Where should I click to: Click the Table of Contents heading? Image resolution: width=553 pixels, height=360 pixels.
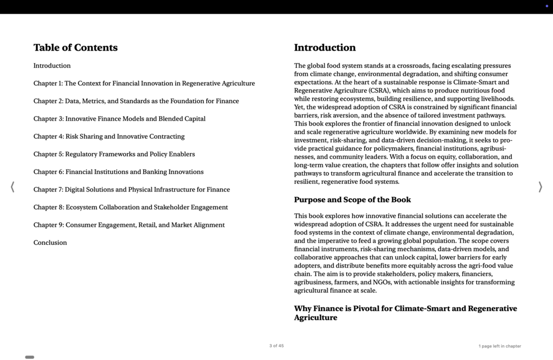[x=75, y=48]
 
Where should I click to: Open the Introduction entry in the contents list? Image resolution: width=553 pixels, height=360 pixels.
[x=52, y=66]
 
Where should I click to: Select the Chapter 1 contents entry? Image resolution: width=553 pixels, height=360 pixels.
[x=144, y=84]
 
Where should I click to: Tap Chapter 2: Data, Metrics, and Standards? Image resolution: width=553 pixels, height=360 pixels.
[x=136, y=101]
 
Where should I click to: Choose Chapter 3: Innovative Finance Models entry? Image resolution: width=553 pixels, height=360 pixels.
[x=119, y=119]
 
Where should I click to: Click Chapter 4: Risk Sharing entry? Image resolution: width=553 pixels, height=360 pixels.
[x=109, y=137]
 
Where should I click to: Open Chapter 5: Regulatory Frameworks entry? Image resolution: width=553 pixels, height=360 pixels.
[x=114, y=154]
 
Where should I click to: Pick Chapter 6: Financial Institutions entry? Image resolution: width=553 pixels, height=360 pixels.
[x=118, y=172]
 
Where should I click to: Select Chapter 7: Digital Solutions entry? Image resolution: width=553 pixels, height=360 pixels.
[x=132, y=190]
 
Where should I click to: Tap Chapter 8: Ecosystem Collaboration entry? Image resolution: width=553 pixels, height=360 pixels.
[x=130, y=208]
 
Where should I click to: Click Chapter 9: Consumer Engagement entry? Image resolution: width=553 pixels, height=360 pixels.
[x=129, y=225]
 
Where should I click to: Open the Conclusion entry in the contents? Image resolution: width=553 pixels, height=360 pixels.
[x=50, y=243]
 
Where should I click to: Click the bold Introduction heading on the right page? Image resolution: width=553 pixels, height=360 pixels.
[x=325, y=48]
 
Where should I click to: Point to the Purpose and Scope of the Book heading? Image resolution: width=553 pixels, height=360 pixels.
[x=352, y=200]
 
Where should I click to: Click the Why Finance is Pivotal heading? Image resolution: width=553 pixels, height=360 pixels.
[x=405, y=313]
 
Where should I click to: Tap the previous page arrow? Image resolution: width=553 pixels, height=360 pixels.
[x=12, y=187]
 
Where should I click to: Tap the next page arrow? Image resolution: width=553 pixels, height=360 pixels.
[x=540, y=187]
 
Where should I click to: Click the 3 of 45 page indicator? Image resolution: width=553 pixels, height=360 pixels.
[x=276, y=346]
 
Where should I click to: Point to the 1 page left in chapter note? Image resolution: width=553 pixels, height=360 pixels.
[x=500, y=346]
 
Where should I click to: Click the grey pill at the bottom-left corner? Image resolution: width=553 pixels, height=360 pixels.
[x=30, y=357]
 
